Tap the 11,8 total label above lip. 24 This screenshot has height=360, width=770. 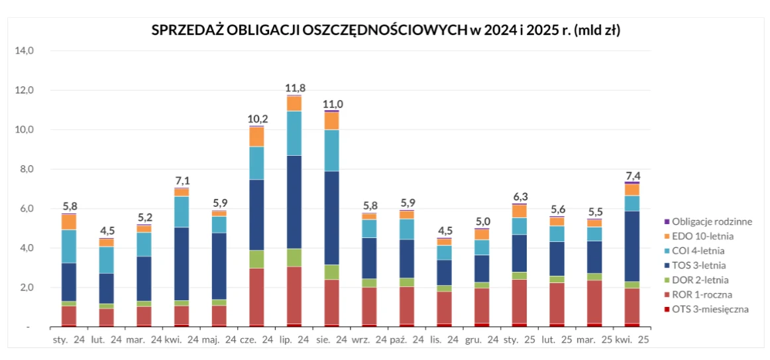(x=295, y=88)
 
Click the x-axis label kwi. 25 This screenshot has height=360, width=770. (x=632, y=340)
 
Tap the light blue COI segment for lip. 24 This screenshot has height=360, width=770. (x=294, y=133)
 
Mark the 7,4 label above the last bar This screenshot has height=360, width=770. (x=633, y=176)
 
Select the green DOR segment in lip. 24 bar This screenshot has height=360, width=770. (x=294, y=258)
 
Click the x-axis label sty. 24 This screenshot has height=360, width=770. (x=70, y=340)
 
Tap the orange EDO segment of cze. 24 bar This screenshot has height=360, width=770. (x=256, y=137)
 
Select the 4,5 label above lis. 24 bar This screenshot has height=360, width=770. (x=445, y=231)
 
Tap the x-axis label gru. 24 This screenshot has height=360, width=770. (x=482, y=340)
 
